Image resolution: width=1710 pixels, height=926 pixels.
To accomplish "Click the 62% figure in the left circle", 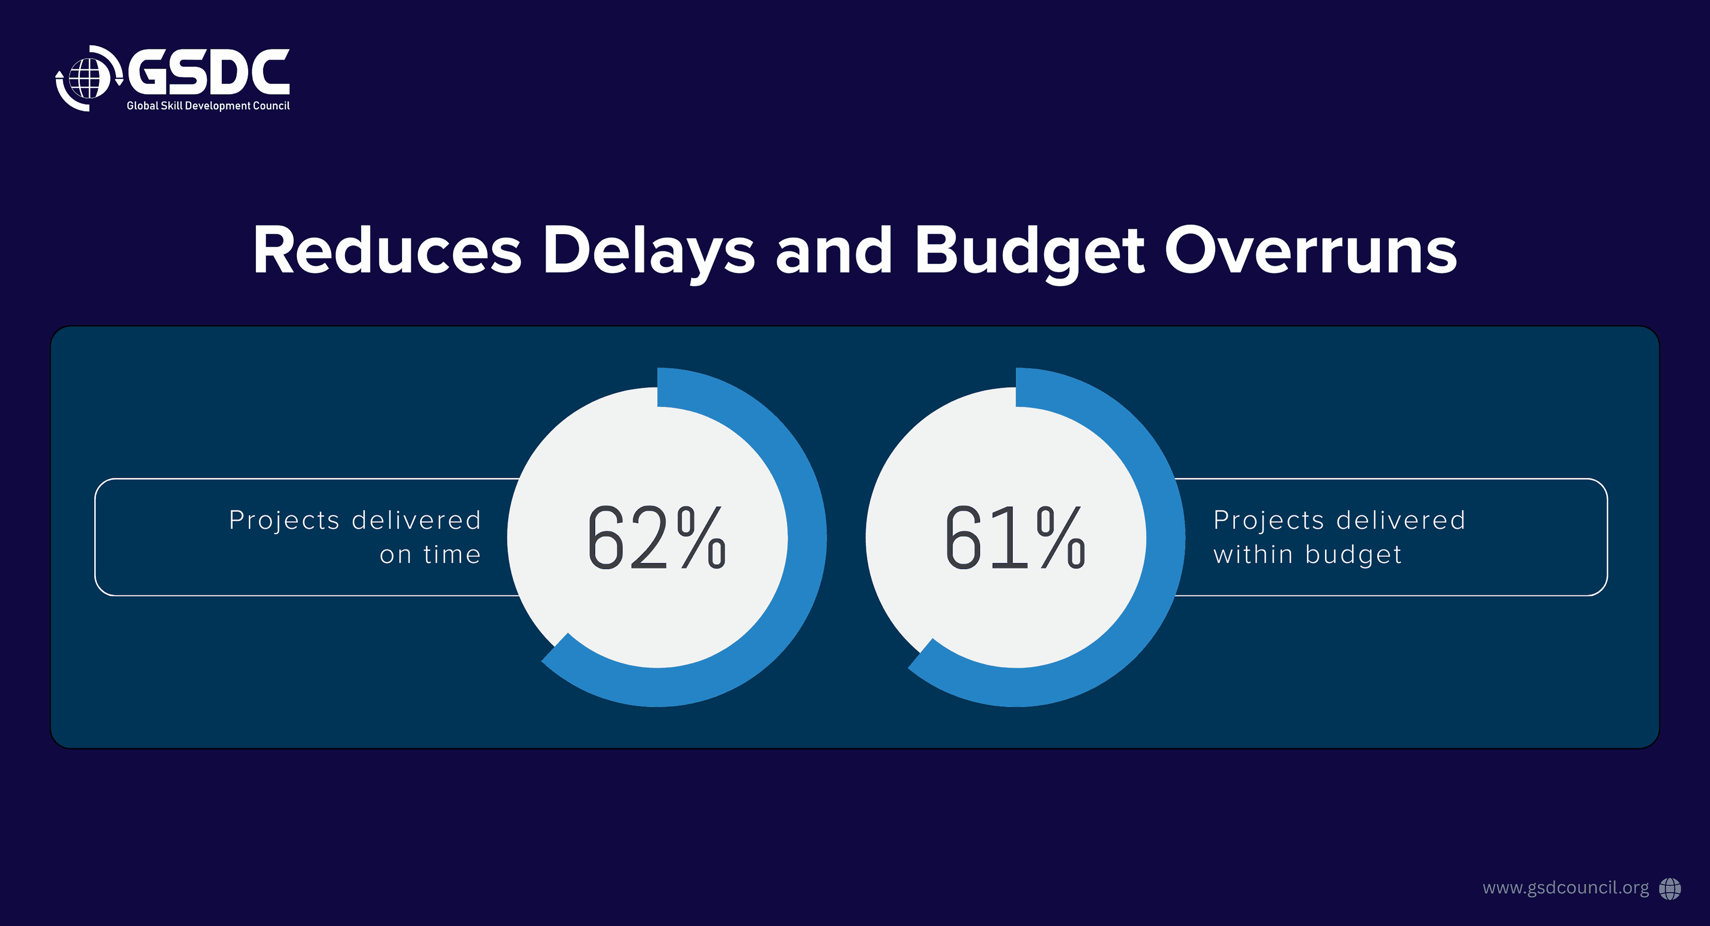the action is click(x=657, y=538).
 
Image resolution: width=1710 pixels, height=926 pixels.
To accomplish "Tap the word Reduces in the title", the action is click(x=388, y=250).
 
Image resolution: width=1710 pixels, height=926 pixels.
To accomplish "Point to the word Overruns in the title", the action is click(x=1311, y=250).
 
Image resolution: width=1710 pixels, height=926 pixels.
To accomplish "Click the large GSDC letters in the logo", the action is click(x=208, y=72).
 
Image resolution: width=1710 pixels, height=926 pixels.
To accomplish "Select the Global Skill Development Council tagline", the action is click(x=208, y=106).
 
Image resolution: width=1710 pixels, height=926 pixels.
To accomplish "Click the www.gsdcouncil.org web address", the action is click(x=1565, y=888).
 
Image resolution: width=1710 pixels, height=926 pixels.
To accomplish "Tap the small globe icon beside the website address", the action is click(x=1670, y=889).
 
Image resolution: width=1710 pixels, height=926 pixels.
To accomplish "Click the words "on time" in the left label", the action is click(x=430, y=554).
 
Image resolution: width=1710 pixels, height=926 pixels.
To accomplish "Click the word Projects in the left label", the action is click(x=284, y=520).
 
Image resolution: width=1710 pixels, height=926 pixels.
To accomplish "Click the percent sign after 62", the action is click(x=702, y=538).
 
